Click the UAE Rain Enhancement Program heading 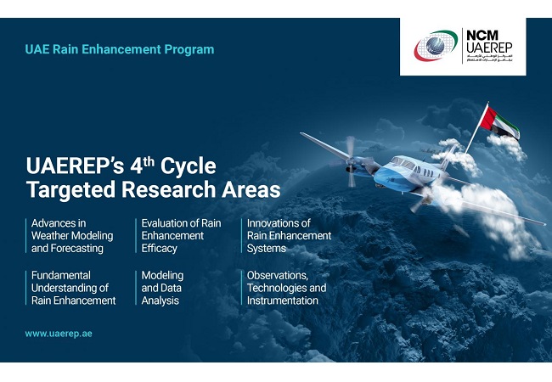pos(120,50)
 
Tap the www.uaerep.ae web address pos(59,334)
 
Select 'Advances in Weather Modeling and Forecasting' pos(67,236)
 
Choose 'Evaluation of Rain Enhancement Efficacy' pos(180,236)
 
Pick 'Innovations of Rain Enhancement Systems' pos(289,236)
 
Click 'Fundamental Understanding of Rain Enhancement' pos(73,288)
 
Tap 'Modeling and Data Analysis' pos(162,288)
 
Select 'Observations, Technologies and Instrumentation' pos(286,288)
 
